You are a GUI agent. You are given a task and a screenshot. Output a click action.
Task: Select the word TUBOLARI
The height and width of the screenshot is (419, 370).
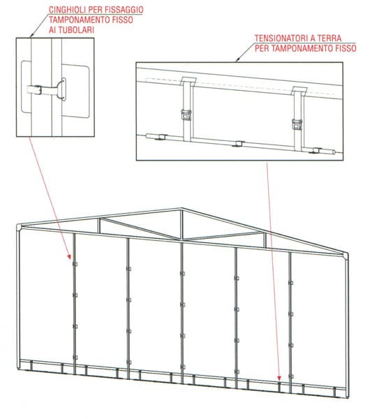click(x=76, y=29)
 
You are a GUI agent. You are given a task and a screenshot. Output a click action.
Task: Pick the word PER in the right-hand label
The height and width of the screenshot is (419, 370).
click(x=262, y=48)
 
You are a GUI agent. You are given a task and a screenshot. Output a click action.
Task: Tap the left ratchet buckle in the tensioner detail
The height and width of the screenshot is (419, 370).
click(x=186, y=115)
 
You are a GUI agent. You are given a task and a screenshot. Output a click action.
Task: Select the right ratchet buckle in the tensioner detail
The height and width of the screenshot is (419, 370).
click(x=297, y=124)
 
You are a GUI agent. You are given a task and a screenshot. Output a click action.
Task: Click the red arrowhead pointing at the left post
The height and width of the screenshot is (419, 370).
click(x=69, y=257)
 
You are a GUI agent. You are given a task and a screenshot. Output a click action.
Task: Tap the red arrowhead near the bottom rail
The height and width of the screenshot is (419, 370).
click(x=279, y=378)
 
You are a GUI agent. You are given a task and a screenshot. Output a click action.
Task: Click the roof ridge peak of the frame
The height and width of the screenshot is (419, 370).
click(x=182, y=209)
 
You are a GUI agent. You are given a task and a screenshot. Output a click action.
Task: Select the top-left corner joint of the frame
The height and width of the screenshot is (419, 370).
click(x=20, y=227)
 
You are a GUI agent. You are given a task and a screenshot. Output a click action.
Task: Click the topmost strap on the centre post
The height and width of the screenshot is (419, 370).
click(x=182, y=273)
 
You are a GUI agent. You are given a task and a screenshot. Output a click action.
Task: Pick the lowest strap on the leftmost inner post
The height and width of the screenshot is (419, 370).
click(x=75, y=358)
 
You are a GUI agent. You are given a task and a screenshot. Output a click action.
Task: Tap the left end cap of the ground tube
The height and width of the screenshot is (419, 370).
click(x=149, y=136)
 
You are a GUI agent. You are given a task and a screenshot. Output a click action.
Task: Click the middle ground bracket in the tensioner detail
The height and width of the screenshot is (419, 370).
click(x=238, y=144)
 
